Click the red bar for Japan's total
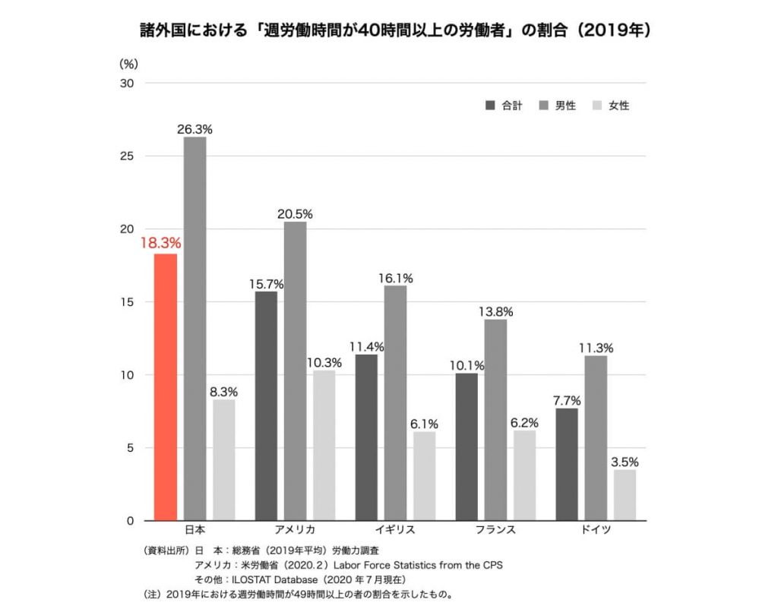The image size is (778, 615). [166, 387]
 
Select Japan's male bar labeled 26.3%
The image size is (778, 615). [194, 329]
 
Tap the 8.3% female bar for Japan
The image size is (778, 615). [224, 460]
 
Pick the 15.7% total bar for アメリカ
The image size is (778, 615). [266, 406]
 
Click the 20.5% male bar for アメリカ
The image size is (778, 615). [295, 371]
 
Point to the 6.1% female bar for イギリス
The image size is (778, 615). [425, 476]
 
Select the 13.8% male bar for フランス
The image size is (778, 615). [495, 420]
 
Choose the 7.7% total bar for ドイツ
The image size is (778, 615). [567, 465]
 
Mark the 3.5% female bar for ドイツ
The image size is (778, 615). [625, 495]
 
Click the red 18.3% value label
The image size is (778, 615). [160, 244]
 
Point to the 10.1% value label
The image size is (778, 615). [466, 365]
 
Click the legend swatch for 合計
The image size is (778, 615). [490, 106]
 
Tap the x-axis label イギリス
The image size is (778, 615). [395, 529]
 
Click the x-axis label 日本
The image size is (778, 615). [195, 529]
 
